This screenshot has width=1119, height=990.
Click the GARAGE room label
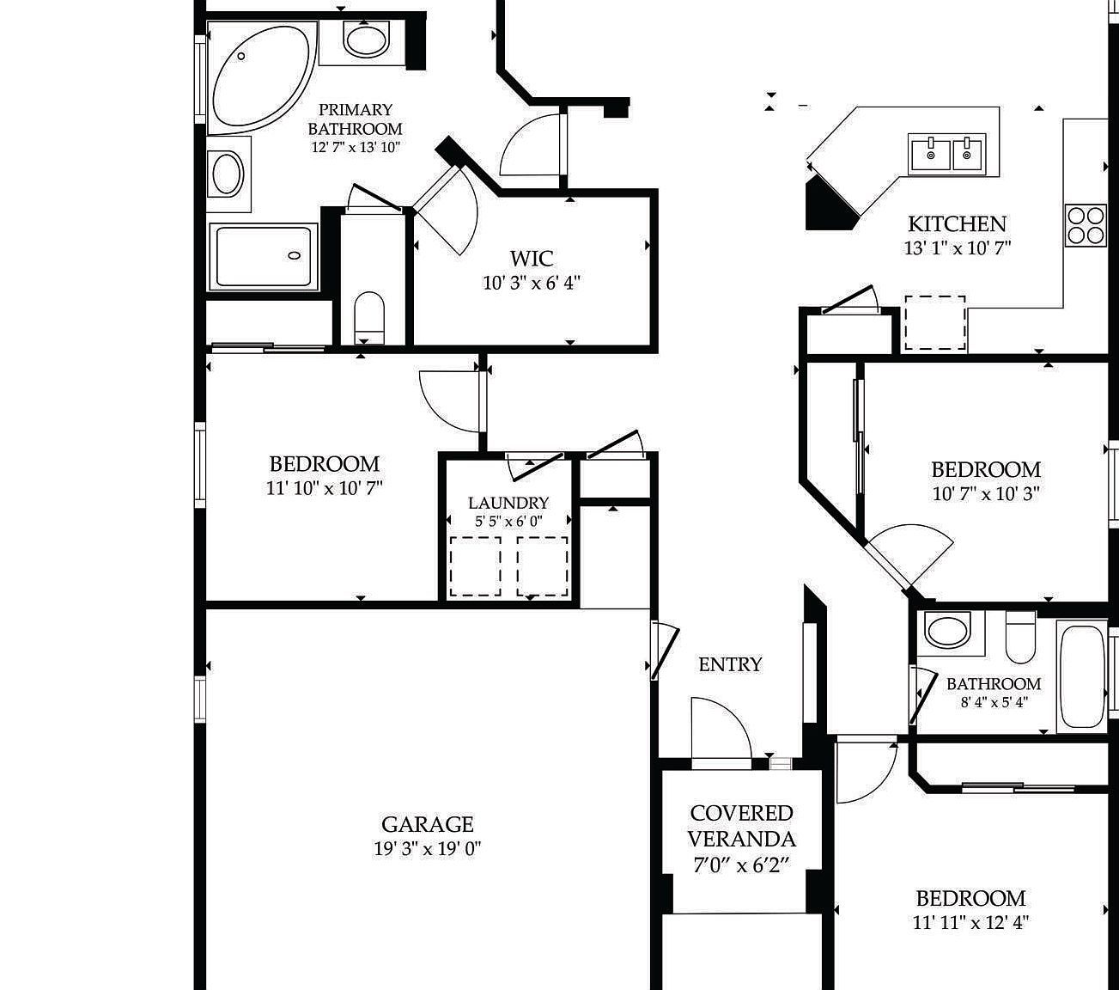(x=427, y=825)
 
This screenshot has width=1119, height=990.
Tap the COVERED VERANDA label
(x=741, y=826)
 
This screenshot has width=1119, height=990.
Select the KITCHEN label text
(x=957, y=224)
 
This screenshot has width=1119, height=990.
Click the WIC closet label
(x=532, y=258)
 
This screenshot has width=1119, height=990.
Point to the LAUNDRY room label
(x=508, y=503)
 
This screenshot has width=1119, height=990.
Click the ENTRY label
(x=729, y=664)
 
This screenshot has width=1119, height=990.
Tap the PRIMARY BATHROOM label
(x=355, y=119)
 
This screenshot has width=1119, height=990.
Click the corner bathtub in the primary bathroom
(x=258, y=77)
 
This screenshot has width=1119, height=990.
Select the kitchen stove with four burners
(x=1086, y=224)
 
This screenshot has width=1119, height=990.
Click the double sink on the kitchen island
(x=947, y=154)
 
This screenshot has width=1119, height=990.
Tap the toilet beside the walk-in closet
(x=369, y=315)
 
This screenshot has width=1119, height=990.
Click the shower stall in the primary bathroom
(x=264, y=256)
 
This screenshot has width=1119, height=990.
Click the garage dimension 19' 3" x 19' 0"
(x=427, y=849)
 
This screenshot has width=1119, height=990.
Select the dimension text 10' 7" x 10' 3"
(x=986, y=494)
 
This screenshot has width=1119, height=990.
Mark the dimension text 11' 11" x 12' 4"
(x=970, y=923)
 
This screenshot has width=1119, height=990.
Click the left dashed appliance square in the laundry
(x=475, y=566)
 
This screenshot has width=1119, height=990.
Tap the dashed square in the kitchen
(x=934, y=322)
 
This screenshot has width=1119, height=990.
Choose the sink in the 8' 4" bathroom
(x=947, y=630)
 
